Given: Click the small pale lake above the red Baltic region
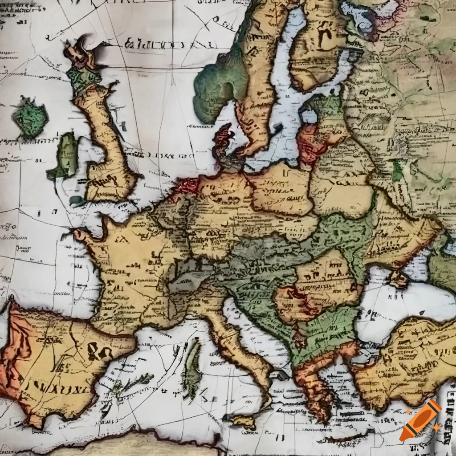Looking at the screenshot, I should pyautogui.click(x=309, y=116).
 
